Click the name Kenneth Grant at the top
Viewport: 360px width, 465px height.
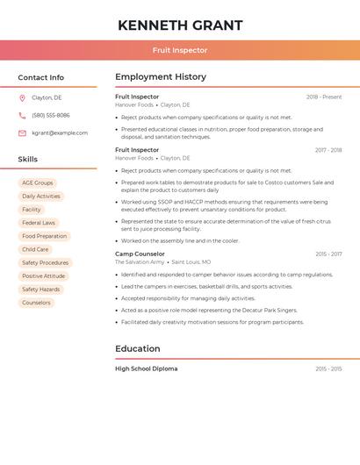point(180,25)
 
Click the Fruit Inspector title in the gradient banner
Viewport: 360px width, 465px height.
point(180,51)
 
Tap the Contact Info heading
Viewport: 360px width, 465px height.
point(41,78)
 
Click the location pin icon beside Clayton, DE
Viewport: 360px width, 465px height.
point(22,98)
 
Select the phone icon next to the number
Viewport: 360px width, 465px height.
point(22,116)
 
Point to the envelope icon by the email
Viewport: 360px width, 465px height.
point(22,133)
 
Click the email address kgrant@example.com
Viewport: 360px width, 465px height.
point(60,133)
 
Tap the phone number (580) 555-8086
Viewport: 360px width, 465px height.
point(51,116)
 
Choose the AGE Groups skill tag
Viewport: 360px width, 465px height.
point(38,183)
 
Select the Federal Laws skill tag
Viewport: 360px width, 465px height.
point(39,223)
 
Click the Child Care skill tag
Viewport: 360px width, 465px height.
point(35,250)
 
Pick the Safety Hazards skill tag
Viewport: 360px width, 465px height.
point(41,290)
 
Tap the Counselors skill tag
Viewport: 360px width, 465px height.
point(36,303)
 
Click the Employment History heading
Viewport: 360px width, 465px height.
point(161,77)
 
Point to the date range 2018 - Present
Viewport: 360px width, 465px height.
point(324,97)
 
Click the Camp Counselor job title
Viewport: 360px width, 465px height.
point(140,254)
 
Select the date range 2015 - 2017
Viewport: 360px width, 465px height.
point(328,254)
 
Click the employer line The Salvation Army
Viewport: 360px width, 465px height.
point(140,262)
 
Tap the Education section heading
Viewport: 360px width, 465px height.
point(138,349)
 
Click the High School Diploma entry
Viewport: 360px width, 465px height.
point(146,369)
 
